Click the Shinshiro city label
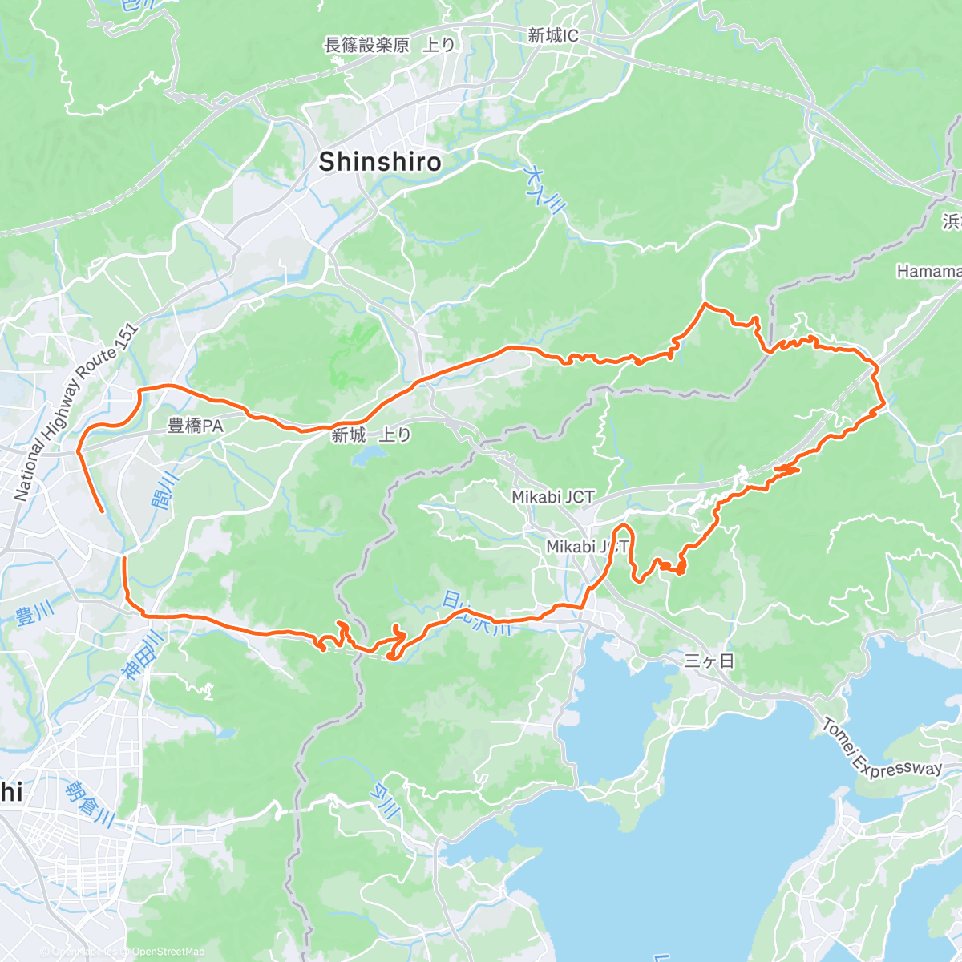[x=380, y=162]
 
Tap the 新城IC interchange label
[x=553, y=36]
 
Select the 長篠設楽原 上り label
[x=390, y=46]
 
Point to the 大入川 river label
[x=544, y=189]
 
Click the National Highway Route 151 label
[x=75, y=414]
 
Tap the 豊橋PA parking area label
[x=196, y=426]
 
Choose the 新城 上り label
[x=371, y=435]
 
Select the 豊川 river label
[x=34, y=615]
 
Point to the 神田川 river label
[x=144, y=655]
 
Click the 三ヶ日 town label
[x=709, y=661]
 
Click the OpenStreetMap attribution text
[x=168, y=952]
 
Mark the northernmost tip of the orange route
[x=705, y=304]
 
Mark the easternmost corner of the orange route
[x=884, y=406]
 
